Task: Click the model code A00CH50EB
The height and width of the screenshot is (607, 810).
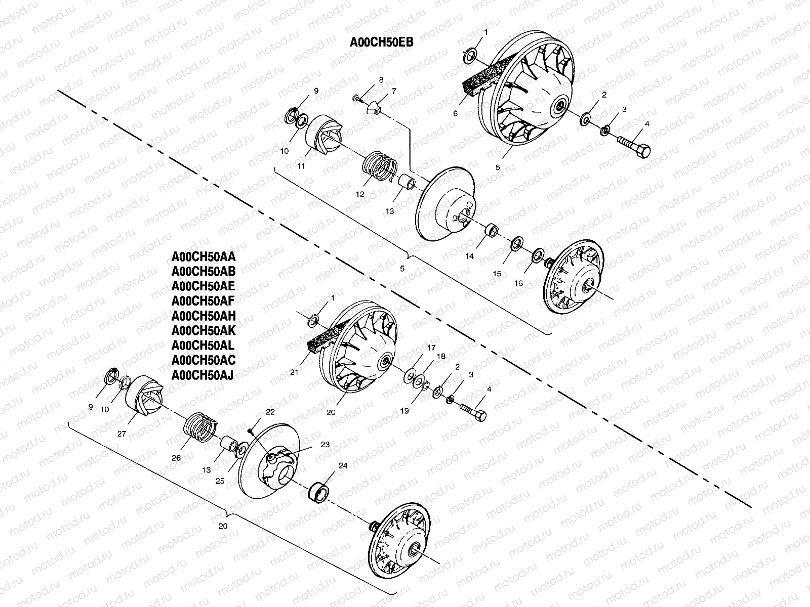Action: pyautogui.click(x=382, y=42)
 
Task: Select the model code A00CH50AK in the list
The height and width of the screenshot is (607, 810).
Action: pyautogui.click(x=204, y=331)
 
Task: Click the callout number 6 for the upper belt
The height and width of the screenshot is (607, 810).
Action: pyautogui.click(x=455, y=114)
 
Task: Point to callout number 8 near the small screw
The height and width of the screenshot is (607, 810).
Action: pyautogui.click(x=381, y=80)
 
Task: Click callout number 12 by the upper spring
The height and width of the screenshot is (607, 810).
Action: pyautogui.click(x=360, y=194)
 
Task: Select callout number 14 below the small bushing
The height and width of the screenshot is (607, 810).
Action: pyautogui.click(x=470, y=256)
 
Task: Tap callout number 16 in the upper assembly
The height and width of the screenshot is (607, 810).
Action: pyautogui.click(x=519, y=283)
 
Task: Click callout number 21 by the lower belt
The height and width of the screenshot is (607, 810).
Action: pyautogui.click(x=294, y=372)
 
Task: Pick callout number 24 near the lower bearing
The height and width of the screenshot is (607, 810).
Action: pyautogui.click(x=343, y=466)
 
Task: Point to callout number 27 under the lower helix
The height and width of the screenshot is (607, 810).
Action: pyautogui.click(x=121, y=433)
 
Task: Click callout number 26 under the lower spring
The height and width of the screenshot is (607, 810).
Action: pyautogui.click(x=176, y=458)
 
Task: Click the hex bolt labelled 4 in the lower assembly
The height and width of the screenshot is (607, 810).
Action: pyautogui.click(x=473, y=411)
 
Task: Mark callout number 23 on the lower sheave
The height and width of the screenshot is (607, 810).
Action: pyautogui.click(x=325, y=444)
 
